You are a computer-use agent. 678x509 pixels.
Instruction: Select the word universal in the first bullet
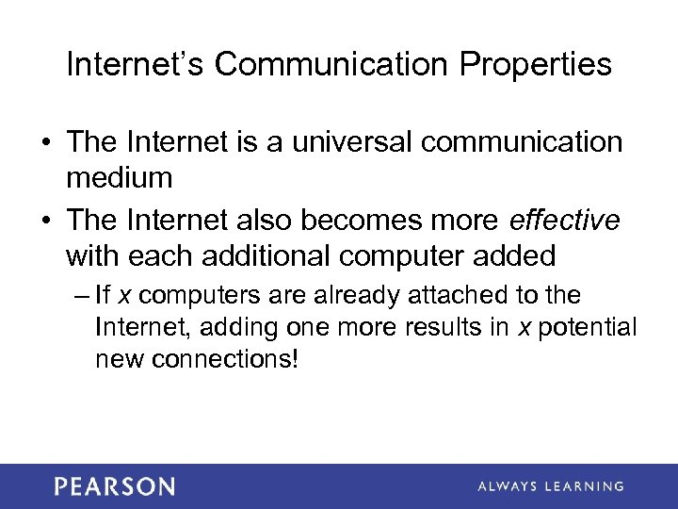[341, 142]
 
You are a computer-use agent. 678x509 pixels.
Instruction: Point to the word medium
[120, 177]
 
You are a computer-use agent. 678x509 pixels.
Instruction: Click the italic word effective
[564, 221]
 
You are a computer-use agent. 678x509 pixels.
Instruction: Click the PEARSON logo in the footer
[114, 486]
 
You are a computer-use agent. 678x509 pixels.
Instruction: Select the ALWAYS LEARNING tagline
[550, 486]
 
